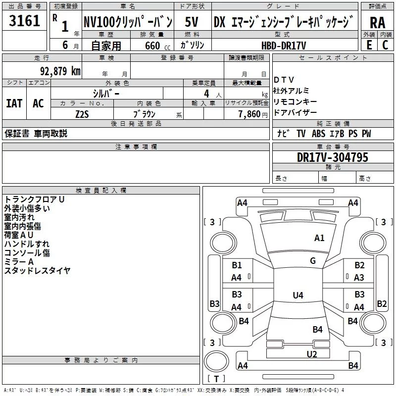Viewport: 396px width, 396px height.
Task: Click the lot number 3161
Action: (x=24, y=20)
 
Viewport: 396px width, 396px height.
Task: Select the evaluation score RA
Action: (x=377, y=23)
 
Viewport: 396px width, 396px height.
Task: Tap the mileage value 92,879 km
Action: (x=60, y=71)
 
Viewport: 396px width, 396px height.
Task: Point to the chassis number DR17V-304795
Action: (x=332, y=157)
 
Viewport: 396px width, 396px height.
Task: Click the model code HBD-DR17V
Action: (x=284, y=46)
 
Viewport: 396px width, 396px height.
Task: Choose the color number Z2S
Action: (x=82, y=114)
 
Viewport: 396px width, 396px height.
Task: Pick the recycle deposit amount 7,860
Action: (x=249, y=114)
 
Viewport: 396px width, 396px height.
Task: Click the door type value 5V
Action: (x=192, y=22)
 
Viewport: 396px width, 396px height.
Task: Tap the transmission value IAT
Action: (x=14, y=103)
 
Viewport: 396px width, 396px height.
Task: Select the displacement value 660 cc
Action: (x=157, y=46)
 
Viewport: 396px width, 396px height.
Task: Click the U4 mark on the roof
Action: (x=298, y=295)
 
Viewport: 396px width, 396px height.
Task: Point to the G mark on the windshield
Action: (x=313, y=261)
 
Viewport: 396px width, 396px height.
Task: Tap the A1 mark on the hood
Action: (x=319, y=238)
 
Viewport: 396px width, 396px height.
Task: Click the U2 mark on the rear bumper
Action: (x=312, y=354)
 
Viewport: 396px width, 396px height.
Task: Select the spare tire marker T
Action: (x=216, y=379)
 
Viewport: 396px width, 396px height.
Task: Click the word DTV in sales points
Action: (x=284, y=80)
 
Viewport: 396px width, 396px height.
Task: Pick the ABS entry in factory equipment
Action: (x=318, y=134)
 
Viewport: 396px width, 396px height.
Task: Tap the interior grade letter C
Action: (x=385, y=45)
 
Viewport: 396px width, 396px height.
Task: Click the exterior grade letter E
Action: (x=369, y=45)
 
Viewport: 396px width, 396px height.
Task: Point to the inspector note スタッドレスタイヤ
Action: (x=38, y=270)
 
